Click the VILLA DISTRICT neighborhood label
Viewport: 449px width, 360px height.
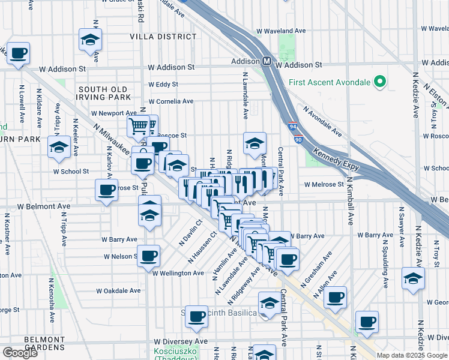click(x=163, y=37)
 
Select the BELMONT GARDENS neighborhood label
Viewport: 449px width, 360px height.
click(x=44, y=343)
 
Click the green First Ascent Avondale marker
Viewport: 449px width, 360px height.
click(x=380, y=82)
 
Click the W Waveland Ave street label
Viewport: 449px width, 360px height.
click(x=281, y=31)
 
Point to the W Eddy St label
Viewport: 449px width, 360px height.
click(x=163, y=85)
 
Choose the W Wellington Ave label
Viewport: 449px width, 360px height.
click(x=178, y=273)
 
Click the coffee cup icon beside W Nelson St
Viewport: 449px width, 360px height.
click(x=148, y=255)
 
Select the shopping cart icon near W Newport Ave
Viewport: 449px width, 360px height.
click(x=138, y=126)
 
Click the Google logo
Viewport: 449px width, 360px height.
click(x=20, y=353)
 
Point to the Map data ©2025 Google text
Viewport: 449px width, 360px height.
click(x=411, y=355)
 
